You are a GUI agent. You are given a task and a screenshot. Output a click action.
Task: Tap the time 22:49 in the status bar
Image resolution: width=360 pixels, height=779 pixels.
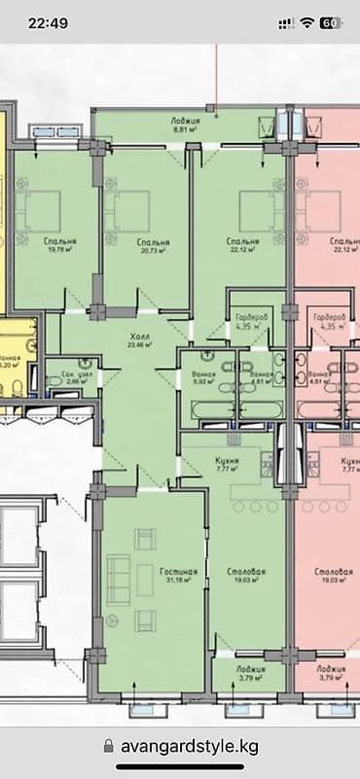(49, 22)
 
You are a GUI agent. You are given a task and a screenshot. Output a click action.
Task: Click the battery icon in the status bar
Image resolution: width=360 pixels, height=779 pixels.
(331, 22)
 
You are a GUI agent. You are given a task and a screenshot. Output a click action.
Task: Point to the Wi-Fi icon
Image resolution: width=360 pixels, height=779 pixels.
(307, 22)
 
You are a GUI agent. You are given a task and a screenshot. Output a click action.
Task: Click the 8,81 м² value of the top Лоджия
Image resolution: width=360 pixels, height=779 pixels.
(186, 128)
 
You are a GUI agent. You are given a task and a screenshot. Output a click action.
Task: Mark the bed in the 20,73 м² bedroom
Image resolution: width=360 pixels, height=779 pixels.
(129, 207)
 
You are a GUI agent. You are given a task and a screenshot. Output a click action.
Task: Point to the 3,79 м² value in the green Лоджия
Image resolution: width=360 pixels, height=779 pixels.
(249, 679)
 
